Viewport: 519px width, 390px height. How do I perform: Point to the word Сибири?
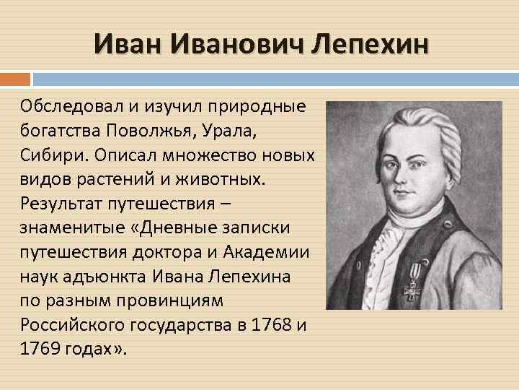(x=48, y=156)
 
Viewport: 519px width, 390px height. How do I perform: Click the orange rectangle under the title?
(x=15, y=77)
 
